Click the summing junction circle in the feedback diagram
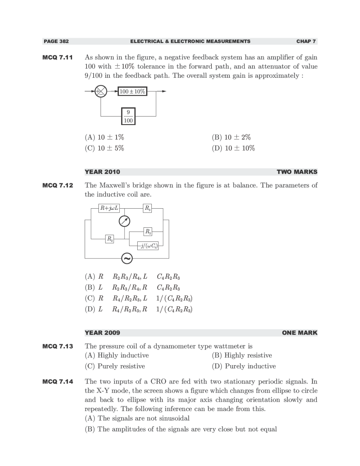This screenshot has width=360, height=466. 101,91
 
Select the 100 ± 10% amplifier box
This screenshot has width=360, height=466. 132,91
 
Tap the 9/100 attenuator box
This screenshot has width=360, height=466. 128,116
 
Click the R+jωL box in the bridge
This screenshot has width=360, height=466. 109,208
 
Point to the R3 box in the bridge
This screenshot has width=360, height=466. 148,208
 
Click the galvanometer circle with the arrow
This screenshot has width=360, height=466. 124,221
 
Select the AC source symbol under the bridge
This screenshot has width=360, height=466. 127,258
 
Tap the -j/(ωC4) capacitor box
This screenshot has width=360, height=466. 148,246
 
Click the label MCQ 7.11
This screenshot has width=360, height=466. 58,57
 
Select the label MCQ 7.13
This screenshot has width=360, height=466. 58,346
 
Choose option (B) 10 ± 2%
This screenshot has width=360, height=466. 231,137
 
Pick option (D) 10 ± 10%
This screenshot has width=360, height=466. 233,148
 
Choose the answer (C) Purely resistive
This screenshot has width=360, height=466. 115,366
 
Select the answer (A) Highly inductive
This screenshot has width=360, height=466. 117,355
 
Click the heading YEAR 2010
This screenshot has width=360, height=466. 102,172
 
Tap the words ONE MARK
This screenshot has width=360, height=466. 299,333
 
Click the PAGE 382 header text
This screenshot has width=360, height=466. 56,41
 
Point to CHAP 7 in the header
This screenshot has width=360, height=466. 306,41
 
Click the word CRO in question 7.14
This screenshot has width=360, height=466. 158,381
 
